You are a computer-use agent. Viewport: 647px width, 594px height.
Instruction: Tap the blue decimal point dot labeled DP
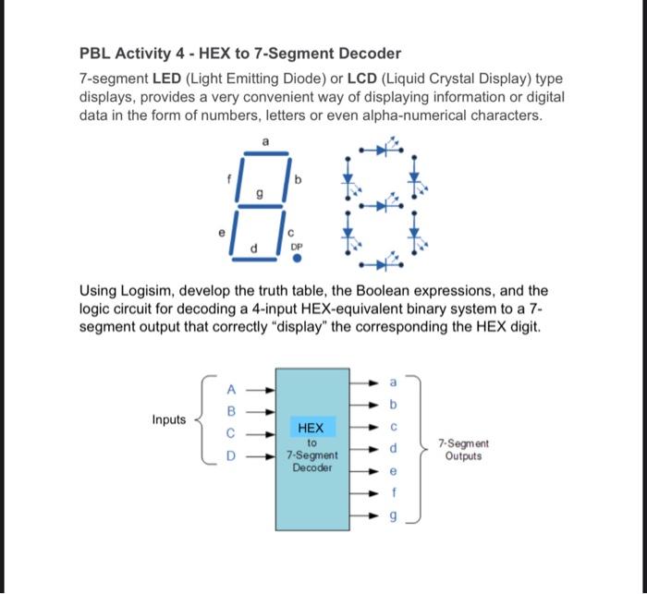click(x=297, y=260)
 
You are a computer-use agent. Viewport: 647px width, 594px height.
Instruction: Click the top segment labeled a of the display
click(x=266, y=152)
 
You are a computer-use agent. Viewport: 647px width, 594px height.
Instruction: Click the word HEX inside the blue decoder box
click(x=311, y=429)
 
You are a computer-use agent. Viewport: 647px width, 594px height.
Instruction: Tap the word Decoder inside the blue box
click(x=311, y=467)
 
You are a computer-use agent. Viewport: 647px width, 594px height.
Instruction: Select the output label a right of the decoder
click(x=393, y=381)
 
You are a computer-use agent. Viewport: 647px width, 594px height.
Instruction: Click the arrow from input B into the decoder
click(x=263, y=411)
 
